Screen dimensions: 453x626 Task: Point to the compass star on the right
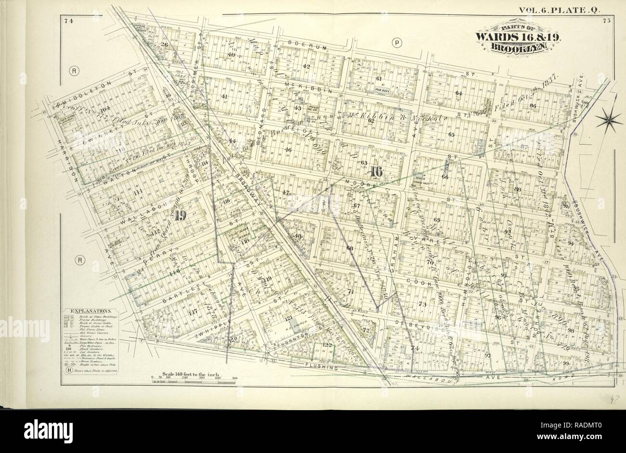point(609,118)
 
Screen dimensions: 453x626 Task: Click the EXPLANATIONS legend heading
point(91,311)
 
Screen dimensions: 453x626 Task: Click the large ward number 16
point(376,171)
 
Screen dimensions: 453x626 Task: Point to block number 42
point(306,66)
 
